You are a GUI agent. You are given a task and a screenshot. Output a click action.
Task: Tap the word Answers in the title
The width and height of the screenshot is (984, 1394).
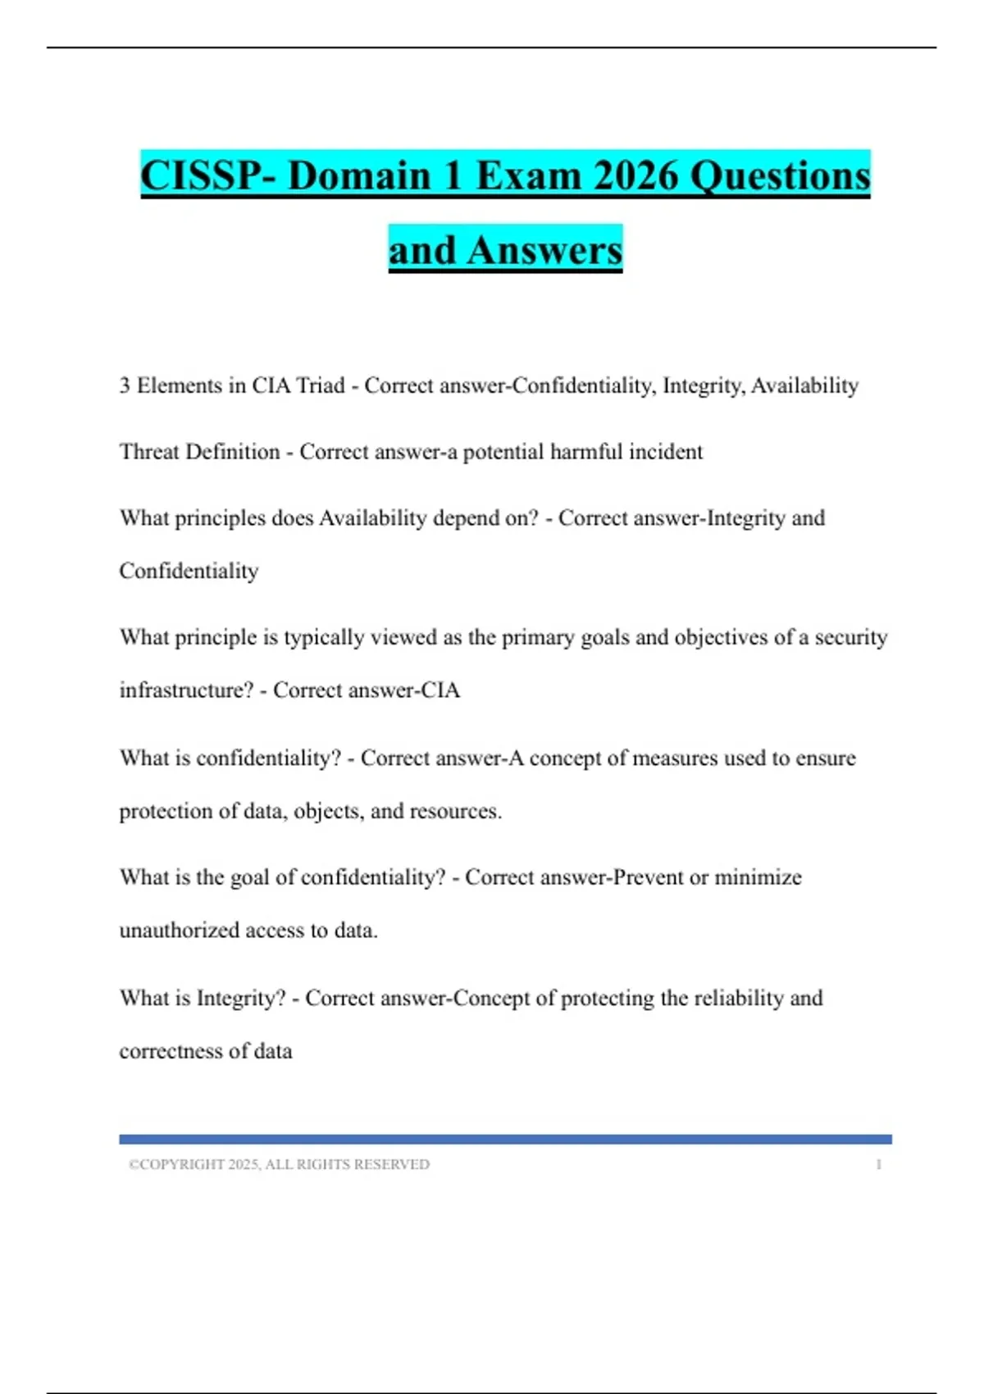tap(544, 250)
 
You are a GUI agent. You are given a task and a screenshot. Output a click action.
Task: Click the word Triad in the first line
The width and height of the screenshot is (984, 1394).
tap(320, 385)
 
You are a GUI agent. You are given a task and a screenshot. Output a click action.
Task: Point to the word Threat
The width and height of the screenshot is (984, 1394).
tap(150, 452)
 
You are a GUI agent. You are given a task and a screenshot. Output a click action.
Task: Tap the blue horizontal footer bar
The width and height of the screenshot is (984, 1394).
tap(505, 1139)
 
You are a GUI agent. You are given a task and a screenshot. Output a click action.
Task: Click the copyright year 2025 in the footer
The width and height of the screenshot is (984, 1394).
tap(244, 1164)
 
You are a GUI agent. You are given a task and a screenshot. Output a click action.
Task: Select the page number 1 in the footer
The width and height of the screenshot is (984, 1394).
tap(879, 1164)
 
